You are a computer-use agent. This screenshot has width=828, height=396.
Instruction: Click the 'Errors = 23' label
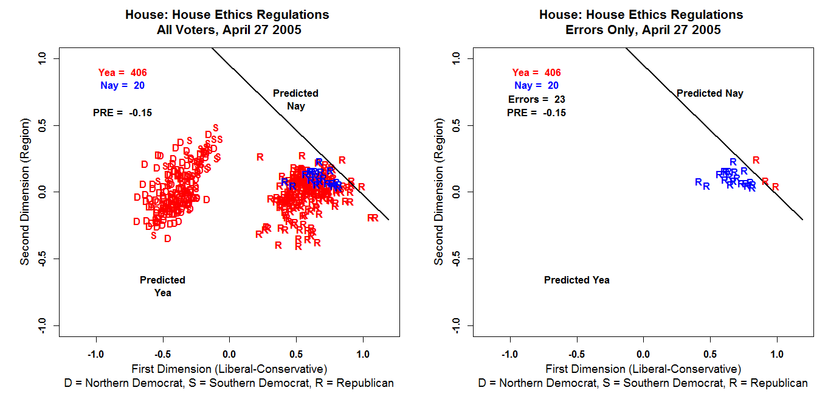tap(537, 99)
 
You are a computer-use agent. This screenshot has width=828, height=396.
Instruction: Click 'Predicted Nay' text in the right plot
tap(709, 94)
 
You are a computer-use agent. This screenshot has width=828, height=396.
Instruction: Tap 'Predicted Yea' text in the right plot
tap(576, 280)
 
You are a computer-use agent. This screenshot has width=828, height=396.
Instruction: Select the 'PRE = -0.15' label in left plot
tap(122, 113)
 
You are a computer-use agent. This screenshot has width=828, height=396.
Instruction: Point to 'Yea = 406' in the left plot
tap(122, 72)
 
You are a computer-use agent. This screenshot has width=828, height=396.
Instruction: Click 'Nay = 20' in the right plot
tap(536, 86)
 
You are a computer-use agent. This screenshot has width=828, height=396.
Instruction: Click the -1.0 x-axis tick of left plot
tap(95, 354)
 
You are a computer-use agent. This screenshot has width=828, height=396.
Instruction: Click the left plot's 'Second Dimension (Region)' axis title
tap(25, 192)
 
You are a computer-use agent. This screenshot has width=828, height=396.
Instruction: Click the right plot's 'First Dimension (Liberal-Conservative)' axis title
tap(643, 369)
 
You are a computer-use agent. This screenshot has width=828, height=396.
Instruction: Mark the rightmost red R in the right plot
tap(775, 187)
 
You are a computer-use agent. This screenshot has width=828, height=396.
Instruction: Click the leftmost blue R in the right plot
tap(698, 182)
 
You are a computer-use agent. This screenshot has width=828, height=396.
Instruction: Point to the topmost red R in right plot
tap(756, 160)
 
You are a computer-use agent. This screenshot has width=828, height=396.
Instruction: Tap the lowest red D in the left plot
tap(167, 238)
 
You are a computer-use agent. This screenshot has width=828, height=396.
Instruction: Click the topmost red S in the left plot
tap(215, 127)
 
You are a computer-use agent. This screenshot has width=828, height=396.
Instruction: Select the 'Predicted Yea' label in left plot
tap(162, 287)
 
